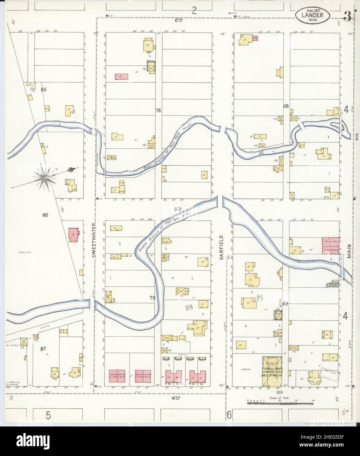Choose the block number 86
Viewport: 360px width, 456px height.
[x=46, y=215]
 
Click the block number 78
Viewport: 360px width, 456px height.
[x=158, y=111]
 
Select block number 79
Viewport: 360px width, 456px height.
[x=152, y=298]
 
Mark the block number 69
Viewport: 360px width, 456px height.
[x=285, y=304]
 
